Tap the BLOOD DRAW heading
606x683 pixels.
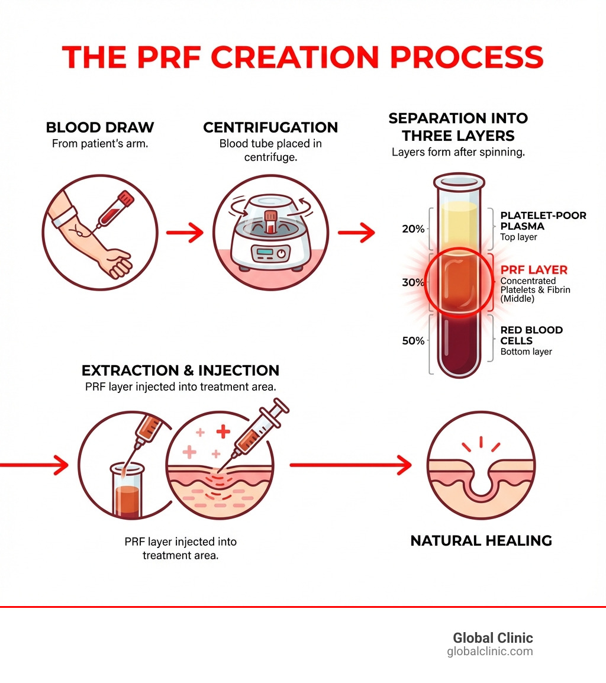(100, 127)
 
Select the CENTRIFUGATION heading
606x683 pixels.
(270, 127)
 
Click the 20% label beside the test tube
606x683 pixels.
(413, 229)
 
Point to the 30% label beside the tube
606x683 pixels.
(413, 282)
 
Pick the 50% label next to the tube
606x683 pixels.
(413, 340)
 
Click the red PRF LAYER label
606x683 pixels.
(534, 270)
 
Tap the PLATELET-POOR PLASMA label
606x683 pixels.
(543, 221)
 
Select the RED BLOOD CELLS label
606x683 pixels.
(531, 335)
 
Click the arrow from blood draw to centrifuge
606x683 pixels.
(185, 233)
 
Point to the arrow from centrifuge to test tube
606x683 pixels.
(356, 233)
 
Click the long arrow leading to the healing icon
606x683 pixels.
(350, 465)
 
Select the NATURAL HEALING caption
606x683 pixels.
(481, 540)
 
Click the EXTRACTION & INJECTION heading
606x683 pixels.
(180, 371)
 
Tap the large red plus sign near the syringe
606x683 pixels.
(223, 433)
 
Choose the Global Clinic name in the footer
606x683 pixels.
(493, 638)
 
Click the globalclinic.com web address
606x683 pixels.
(490, 652)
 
